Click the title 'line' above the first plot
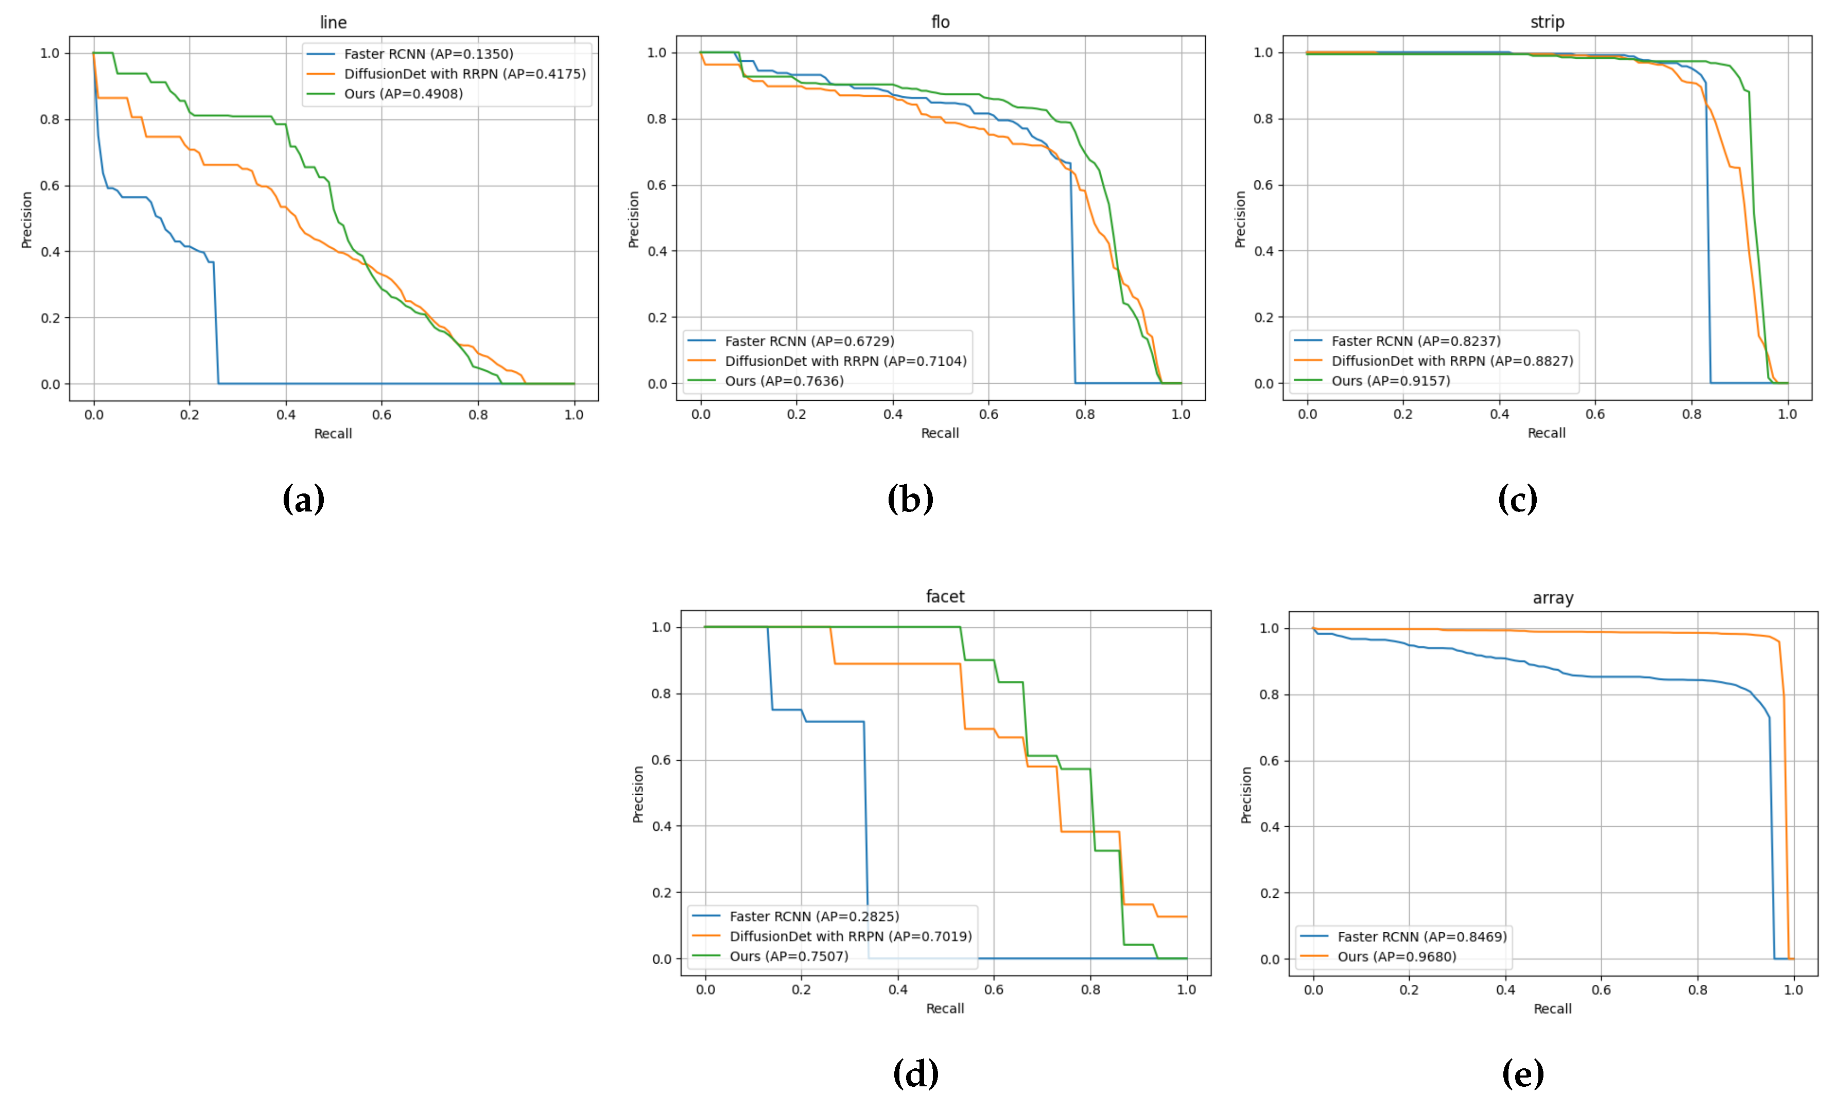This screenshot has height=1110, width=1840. (333, 23)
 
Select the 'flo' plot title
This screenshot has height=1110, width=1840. (940, 23)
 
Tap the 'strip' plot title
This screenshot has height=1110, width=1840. (1547, 23)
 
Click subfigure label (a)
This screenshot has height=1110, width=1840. (303, 499)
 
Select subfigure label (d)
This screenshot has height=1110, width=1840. (915, 1074)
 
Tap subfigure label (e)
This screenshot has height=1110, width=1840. (1523, 1074)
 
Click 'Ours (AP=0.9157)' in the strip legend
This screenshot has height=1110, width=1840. (1391, 381)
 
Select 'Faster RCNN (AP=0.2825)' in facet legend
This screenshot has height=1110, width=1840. (814, 916)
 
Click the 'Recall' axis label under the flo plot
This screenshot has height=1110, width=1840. (940, 433)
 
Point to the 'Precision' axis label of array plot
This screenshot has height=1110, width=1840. (1245, 795)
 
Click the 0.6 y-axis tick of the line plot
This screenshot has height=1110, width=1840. (50, 186)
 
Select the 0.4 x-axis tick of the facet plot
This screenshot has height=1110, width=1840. (897, 990)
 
